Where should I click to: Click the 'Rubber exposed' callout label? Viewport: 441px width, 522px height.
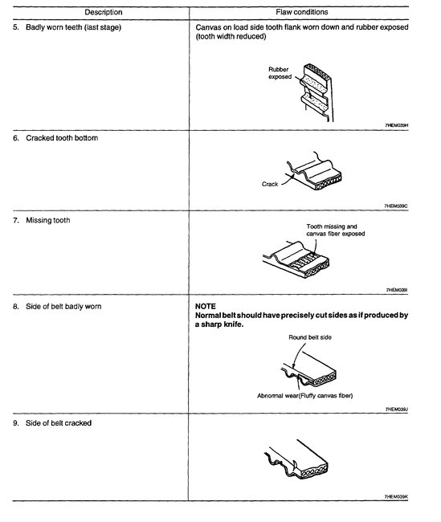(x=280, y=73)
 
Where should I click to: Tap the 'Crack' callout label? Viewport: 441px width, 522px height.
(x=269, y=184)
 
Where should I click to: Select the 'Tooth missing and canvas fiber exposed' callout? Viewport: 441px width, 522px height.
(x=336, y=230)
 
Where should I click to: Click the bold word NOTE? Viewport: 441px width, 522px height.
(x=206, y=306)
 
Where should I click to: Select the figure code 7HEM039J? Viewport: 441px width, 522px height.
(x=398, y=410)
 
